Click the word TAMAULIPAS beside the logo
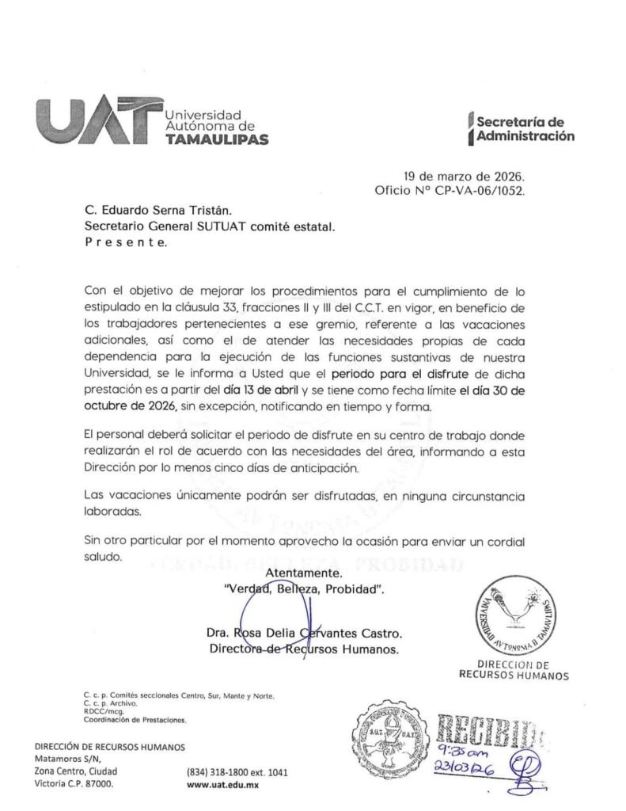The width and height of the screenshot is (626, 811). (x=215, y=139)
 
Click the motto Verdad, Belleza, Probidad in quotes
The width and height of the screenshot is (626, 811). (x=304, y=590)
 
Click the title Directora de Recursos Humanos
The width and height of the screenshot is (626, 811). (x=304, y=649)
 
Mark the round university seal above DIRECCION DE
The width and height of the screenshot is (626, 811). (x=515, y=615)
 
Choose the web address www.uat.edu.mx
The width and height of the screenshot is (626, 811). (x=222, y=785)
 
